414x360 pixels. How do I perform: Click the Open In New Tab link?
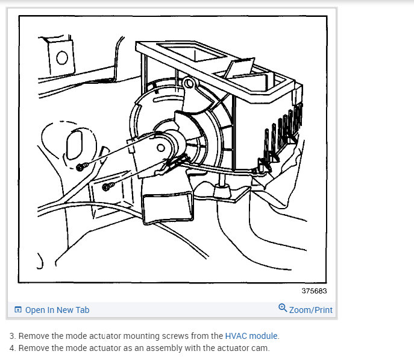coord(57,310)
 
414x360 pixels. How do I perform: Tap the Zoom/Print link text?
coord(310,310)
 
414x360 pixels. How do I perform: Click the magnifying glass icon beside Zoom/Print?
coord(283,309)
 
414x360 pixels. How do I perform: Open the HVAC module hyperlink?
coord(251,336)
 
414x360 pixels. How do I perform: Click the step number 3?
coord(11,336)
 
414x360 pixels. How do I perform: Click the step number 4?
coord(11,348)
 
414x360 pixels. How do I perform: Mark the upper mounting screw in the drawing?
coord(82,168)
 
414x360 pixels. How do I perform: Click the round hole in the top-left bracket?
coord(62,58)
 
